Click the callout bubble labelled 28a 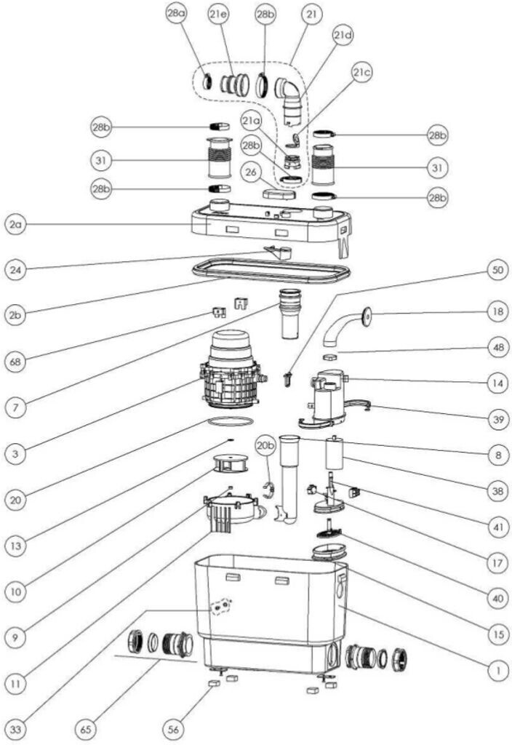pos(176,14)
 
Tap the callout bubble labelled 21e pos(218,15)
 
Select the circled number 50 pos(497,270)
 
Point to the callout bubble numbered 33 pos(15,729)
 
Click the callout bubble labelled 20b pos(265,446)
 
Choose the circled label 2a pos(15,224)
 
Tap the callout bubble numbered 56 pos(174,729)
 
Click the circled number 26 pos(251,172)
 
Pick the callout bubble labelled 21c pos(362,72)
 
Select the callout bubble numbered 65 pos(86,729)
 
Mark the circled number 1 pos(497,670)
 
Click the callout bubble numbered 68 pos(15,362)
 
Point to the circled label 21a pos(251,121)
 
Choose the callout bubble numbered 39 pos(497,419)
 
